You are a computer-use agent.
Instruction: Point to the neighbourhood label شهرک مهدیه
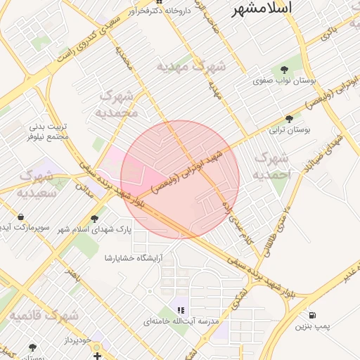click(191, 67)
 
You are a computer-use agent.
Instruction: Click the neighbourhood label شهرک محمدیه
click(119, 103)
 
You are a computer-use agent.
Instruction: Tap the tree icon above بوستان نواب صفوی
click(284, 70)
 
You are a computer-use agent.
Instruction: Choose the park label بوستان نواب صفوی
click(284, 82)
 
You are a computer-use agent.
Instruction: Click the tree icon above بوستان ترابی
click(289, 119)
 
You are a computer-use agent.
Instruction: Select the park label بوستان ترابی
click(289, 130)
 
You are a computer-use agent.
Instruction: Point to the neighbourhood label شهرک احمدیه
click(270, 166)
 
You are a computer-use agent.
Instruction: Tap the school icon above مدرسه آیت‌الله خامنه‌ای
click(181, 309)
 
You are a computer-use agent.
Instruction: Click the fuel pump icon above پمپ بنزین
click(311, 315)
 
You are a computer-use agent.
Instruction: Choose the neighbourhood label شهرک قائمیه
click(44, 316)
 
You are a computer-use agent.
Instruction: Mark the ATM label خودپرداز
click(76, 340)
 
